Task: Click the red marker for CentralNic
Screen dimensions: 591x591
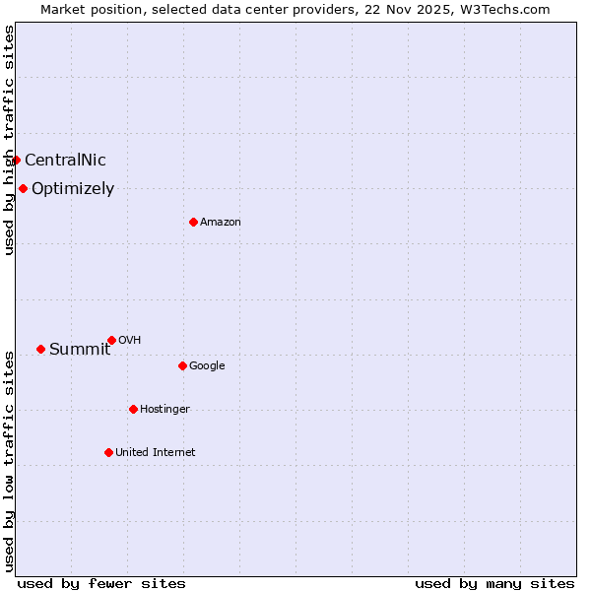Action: coord(16,160)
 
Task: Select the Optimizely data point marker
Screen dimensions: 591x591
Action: coord(23,188)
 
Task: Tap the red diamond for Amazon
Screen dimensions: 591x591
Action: coord(193,222)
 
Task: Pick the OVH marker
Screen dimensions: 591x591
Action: coord(111,340)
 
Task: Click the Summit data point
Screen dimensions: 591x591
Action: coord(40,349)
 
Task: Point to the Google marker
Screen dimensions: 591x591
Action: coord(182,365)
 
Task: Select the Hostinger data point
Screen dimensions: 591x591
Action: coord(133,409)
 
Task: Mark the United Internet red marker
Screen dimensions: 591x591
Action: coord(108,452)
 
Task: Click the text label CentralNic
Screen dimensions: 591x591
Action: coord(65,161)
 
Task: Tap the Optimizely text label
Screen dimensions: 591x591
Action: coord(73,189)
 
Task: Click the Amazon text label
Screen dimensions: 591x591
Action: coord(221,223)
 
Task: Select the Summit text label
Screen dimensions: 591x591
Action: coord(80,350)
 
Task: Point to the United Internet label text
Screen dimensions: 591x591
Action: coord(156,453)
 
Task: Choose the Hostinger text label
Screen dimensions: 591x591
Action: coord(164,410)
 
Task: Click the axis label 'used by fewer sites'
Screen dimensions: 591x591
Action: coord(101,583)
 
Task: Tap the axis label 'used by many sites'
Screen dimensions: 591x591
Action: coord(494,583)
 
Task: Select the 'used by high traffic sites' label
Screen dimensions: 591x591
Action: coord(9,140)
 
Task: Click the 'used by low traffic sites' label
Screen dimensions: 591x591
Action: coord(9,461)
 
